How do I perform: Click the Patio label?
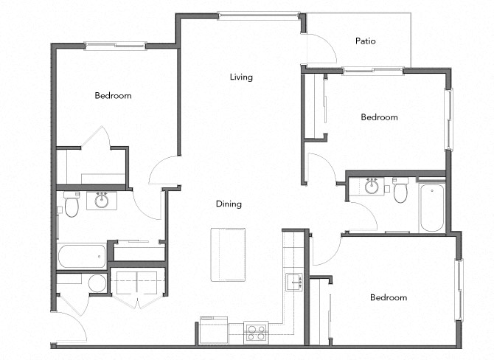pos(366,41)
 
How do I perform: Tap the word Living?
pos(241,77)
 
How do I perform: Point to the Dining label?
pos(229,204)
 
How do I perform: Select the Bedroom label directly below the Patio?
pos(379,117)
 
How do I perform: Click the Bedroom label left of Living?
pos(113,96)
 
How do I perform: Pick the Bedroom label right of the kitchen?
pos(389,298)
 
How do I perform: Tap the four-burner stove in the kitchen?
pos(256,331)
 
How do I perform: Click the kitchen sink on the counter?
pos(295,282)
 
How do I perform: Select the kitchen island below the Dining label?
pos(228,255)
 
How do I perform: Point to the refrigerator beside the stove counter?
pos(214,330)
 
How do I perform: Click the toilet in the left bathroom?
pos(72,206)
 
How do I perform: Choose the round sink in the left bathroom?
pos(101,200)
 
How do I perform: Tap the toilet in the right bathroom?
pos(400,193)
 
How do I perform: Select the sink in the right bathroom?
pos(372,186)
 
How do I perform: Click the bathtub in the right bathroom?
pos(431,208)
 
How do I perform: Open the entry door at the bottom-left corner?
pos(71,328)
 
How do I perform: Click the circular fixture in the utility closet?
pos(97,283)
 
